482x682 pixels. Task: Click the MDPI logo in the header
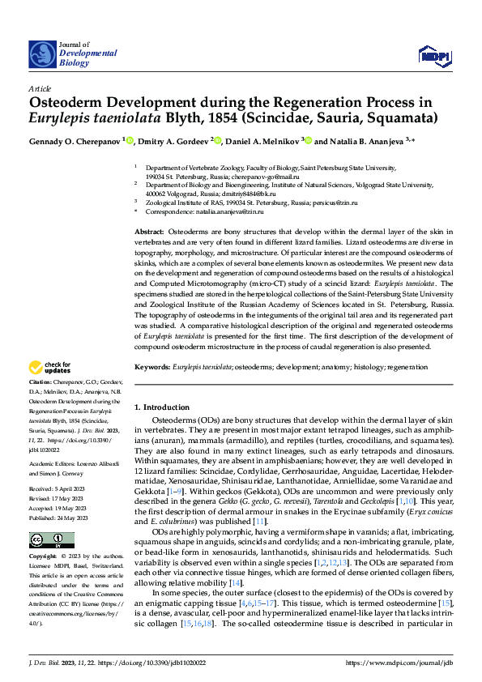[x=433, y=54]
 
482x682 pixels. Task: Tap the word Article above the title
[x=39, y=87]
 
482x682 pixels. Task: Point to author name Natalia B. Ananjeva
[x=367, y=141]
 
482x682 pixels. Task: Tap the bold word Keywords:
[x=152, y=368]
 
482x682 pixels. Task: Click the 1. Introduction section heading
[x=161, y=407]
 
